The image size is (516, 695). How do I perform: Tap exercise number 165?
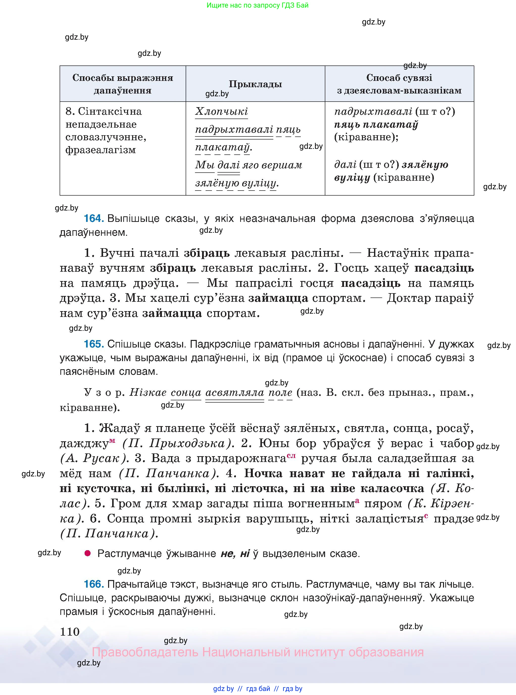point(93,344)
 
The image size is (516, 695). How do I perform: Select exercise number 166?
point(93,584)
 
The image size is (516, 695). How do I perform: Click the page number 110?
point(70,632)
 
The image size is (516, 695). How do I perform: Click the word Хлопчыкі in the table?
point(221,111)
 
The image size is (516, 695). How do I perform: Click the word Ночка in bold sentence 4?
point(263,473)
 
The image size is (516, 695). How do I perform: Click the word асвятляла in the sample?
point(235,392)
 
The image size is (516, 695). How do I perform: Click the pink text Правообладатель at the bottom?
point(145,652)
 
